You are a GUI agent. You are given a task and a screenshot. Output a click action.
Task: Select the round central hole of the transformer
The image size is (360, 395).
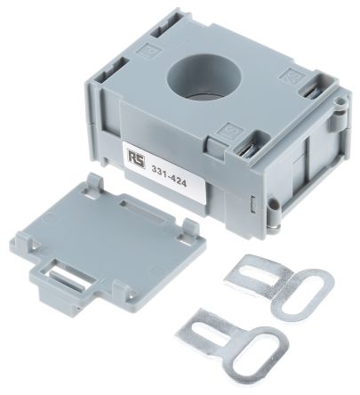click(204, 77)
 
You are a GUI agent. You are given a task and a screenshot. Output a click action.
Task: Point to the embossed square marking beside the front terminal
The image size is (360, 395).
click(231, 132)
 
